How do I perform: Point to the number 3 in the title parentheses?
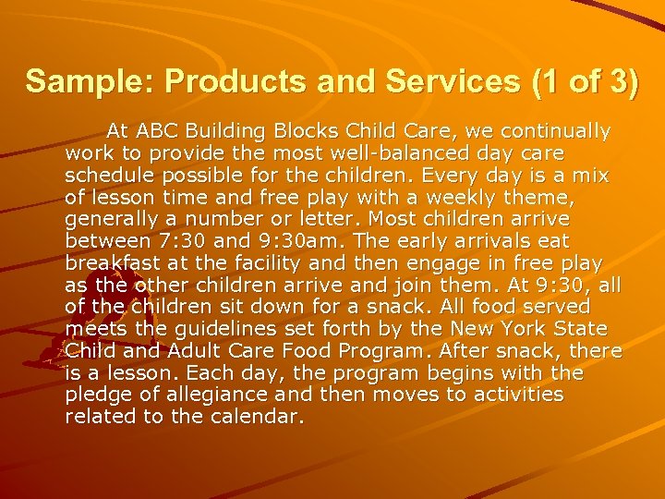coord(615,81)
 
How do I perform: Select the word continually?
coord(558,130)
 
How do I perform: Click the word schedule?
coord(105,175)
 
